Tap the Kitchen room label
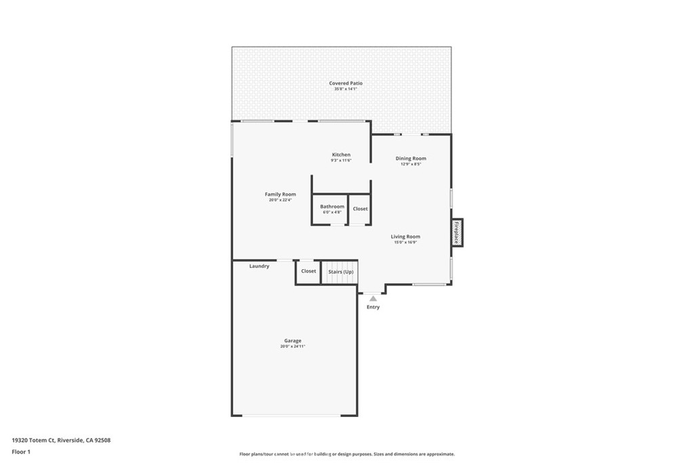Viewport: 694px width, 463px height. click(341, 155)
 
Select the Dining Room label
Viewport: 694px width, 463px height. click(411, 159)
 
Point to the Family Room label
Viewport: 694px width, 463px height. click(280, 195)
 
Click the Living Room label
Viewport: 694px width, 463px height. click(405, 237)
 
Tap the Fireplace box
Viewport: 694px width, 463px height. click(457, 233)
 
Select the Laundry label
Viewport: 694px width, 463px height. click(259, 266)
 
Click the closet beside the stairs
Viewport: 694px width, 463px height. click(308, 271)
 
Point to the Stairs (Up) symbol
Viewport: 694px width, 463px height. click(340, 272)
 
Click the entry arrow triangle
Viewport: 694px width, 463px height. click(373, 298)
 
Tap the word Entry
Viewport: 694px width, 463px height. click(373, 307)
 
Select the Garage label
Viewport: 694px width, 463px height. click(293, 341)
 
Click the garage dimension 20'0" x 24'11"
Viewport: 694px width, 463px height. click(293, 346)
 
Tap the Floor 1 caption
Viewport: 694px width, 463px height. click(21, 451)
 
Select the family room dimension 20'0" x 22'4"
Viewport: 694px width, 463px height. click(280, 200)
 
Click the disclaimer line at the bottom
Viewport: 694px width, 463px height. click(346, 454)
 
